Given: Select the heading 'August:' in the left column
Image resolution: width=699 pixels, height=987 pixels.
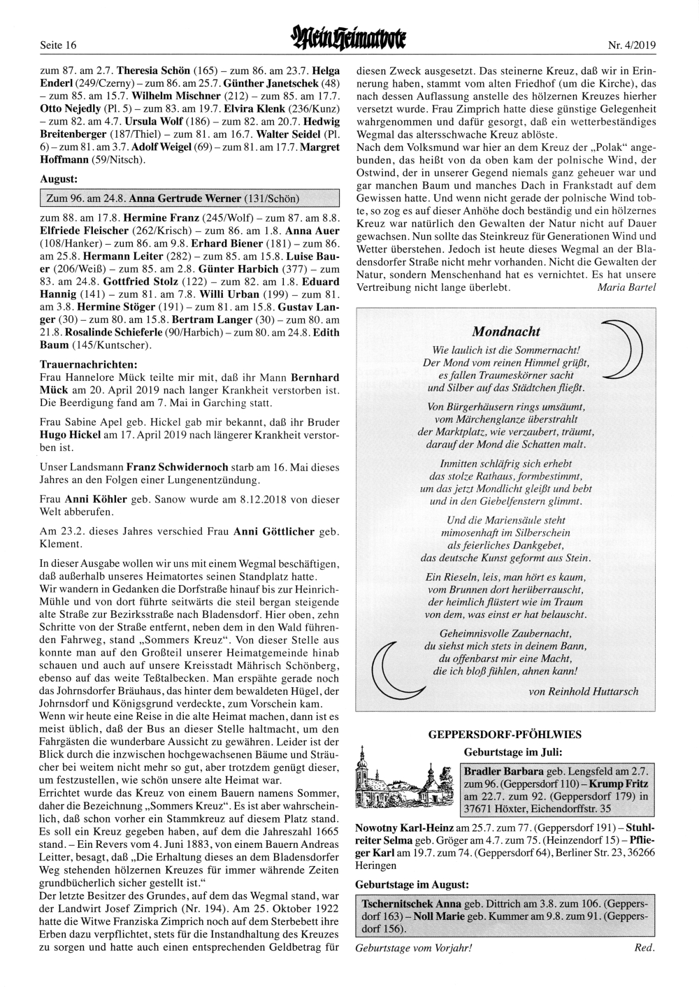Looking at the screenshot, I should tap(58, 179).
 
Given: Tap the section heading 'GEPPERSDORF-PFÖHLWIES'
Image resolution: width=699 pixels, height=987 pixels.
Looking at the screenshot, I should tap(505, 735).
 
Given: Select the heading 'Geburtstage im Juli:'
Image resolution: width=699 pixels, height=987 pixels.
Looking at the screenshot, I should tap(512, 752).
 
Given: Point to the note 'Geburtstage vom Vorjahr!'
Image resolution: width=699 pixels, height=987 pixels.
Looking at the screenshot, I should tap(414, 948).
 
